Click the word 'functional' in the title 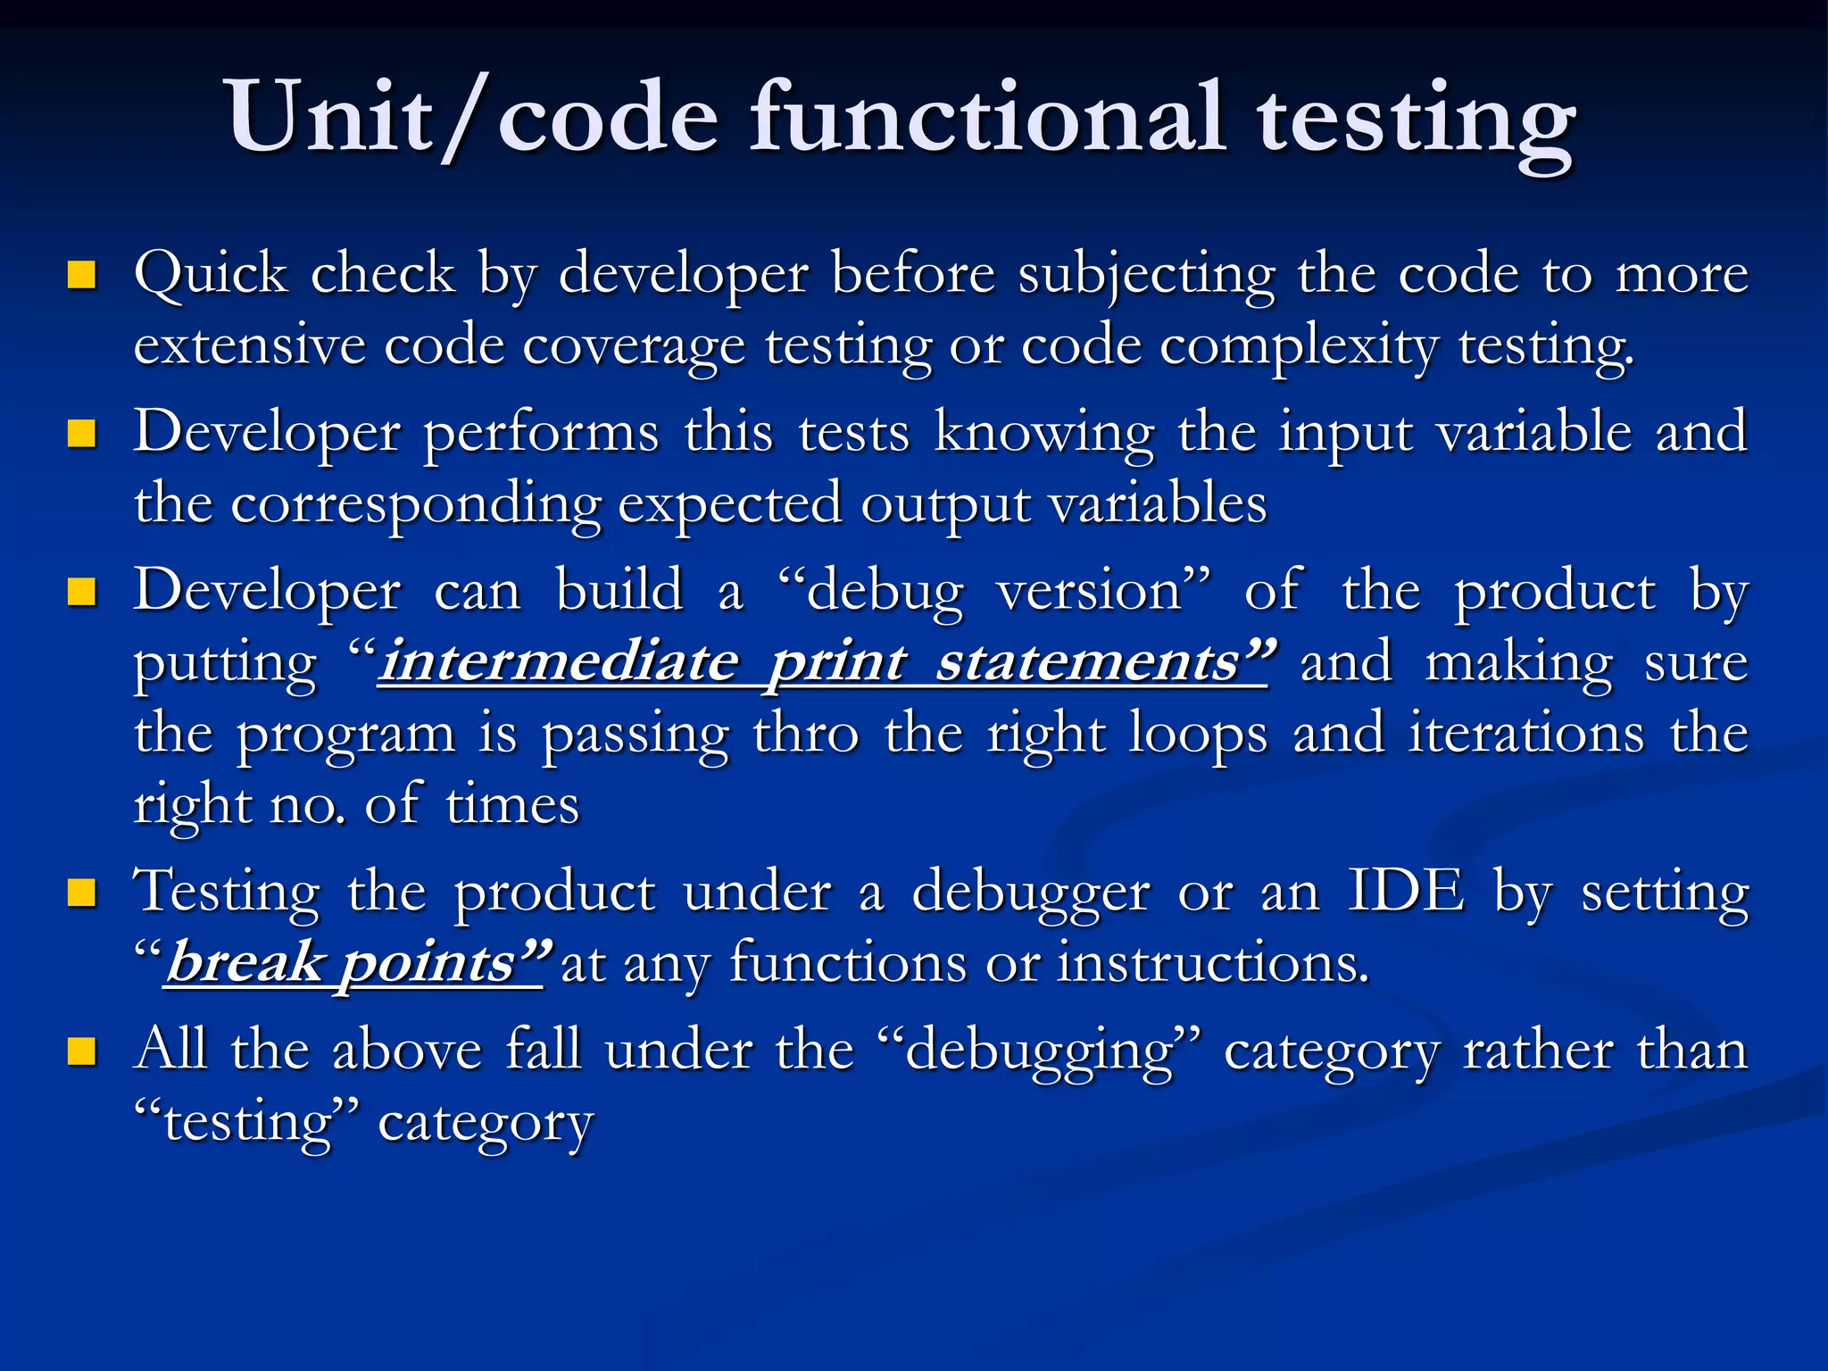(x=986, y=118)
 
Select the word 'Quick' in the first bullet (x=211, y=273)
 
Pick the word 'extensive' (x=249, y=345)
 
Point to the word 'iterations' (x=1526, y=734)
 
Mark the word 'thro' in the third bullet (x=806, y=734)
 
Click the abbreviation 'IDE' (x=1406, y=891)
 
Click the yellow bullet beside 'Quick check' (x=82, y=275)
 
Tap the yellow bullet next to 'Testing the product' (x=82, y=893)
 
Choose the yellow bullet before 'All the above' (x=82, y=1051)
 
